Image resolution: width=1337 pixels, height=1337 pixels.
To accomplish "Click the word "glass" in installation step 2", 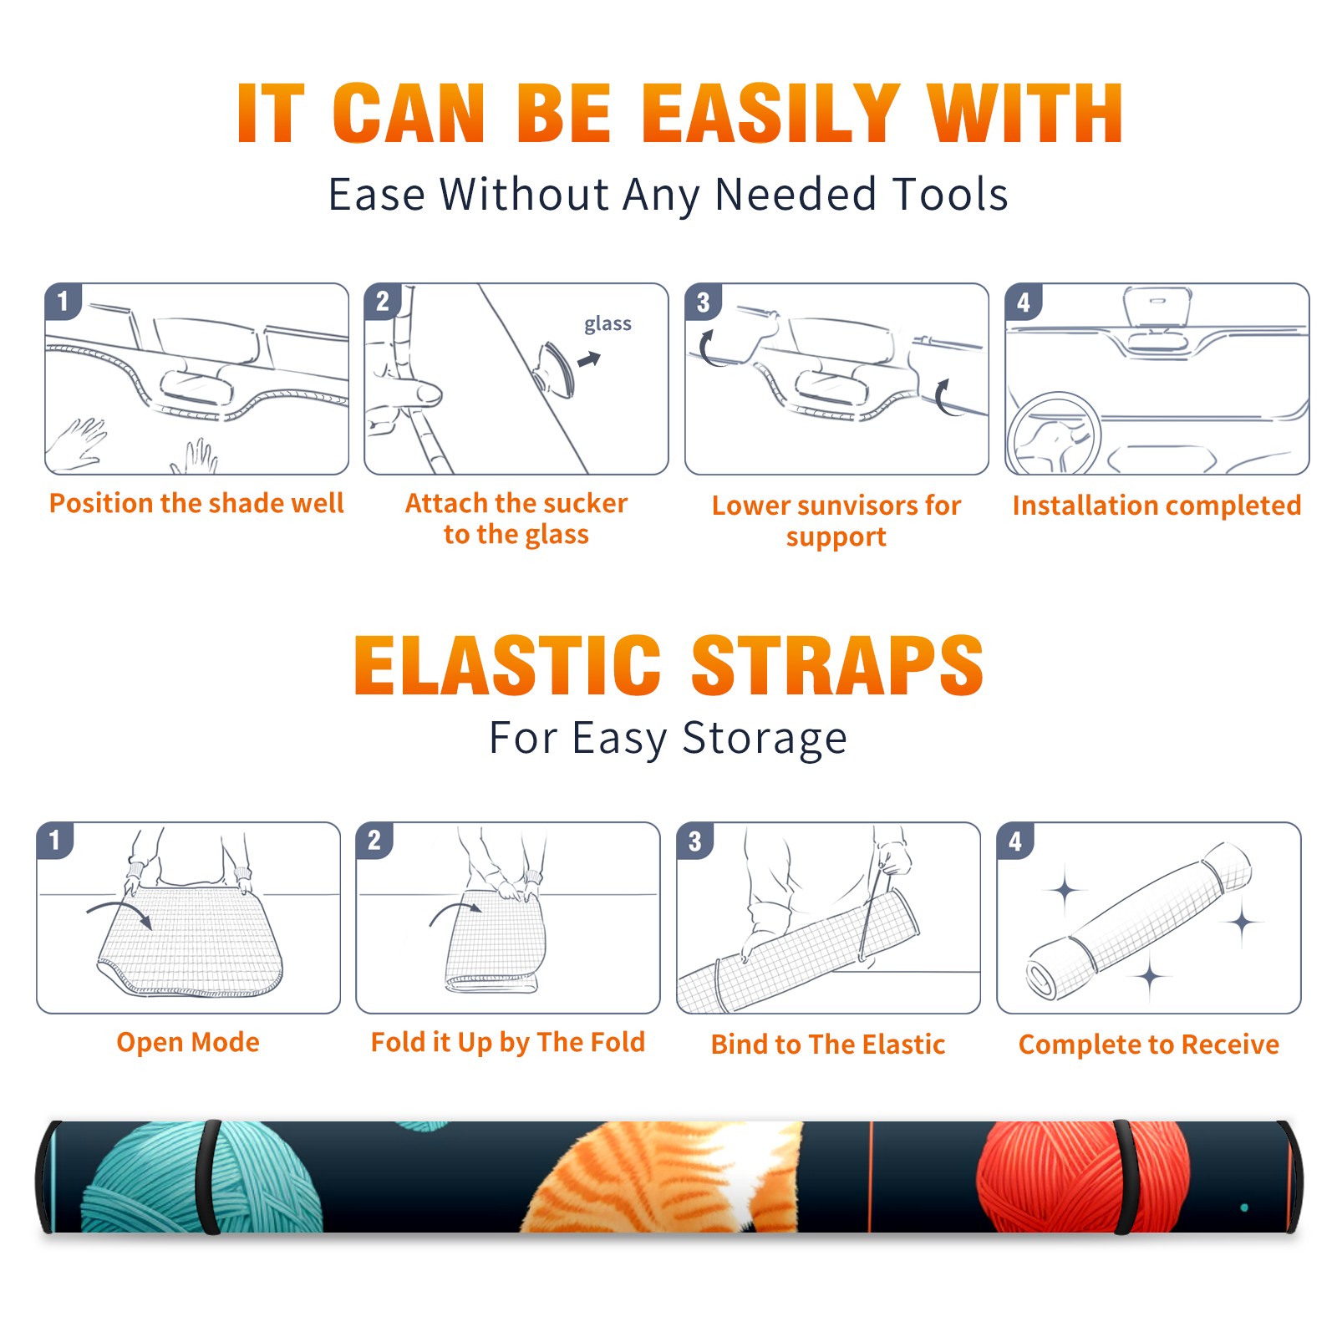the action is click(607, 324).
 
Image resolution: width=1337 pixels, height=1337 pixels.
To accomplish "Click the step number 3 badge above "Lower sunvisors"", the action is click(703, 302).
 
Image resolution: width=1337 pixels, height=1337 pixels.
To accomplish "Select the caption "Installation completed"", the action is click(1157, 506).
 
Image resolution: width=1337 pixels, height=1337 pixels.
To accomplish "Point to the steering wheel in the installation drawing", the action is click(1053, 434).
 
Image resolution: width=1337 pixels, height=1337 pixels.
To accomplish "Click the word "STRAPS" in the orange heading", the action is click(837, 665).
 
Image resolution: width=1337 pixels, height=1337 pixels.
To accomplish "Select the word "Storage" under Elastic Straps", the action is click(765, 739).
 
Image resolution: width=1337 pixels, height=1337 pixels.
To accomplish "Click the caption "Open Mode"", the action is click(188, 1042).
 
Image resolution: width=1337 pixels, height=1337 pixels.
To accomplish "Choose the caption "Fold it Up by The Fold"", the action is click(508, 1043).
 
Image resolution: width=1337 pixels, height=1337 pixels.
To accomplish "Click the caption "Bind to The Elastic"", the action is click(828, 1045).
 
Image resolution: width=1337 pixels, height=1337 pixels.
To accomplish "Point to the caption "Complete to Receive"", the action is click(1149, 1045).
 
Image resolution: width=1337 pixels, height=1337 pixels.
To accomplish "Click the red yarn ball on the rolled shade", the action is click(1082, 1177).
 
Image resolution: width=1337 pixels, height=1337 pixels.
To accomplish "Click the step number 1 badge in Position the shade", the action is click(63, 300).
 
